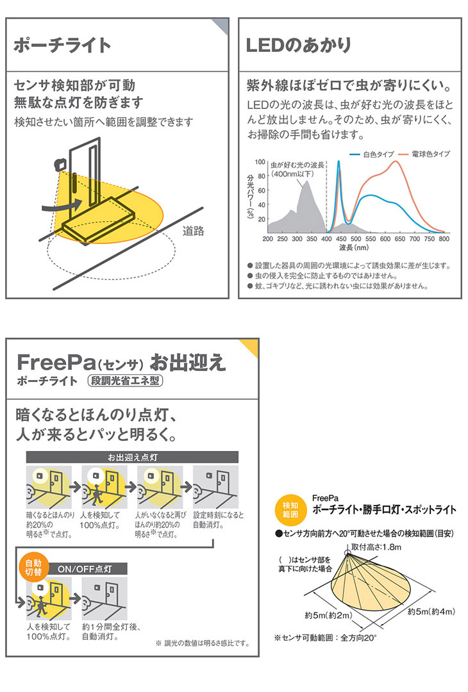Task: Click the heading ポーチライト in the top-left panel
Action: click(62, 46)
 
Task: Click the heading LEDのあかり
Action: click(299, 45)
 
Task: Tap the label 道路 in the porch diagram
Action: click(193, 231)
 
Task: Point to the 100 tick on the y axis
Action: click(261, 162)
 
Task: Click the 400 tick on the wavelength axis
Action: click(326, 239)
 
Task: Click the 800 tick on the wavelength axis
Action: click(444, 239)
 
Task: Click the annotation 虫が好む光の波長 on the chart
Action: click(297, 164)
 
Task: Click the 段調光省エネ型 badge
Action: click(126, 381)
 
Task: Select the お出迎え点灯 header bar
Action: click(131, 457)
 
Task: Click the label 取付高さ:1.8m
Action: click(376, 546)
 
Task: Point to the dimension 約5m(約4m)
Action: click(431, 611)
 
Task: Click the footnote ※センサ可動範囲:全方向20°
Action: click(325, 638)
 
